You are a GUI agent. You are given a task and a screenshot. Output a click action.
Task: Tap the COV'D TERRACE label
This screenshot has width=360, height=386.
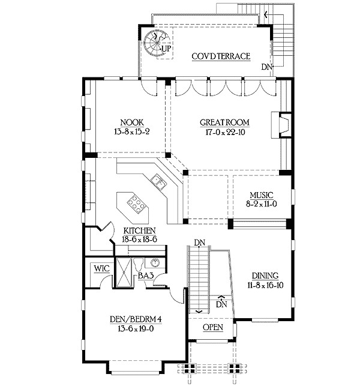(x=221, y=56)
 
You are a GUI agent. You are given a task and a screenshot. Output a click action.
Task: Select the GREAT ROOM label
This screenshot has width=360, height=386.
(x=224, y=122)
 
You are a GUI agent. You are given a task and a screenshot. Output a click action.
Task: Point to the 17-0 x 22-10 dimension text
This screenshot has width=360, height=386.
(x=225, y=132)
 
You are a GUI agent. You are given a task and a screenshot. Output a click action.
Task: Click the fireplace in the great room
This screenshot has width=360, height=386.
(x=281, y=125)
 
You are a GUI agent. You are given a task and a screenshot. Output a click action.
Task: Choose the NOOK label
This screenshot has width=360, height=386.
(x=132, y=122)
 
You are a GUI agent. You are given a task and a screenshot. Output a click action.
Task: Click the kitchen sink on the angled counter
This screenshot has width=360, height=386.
(x=158, y=182)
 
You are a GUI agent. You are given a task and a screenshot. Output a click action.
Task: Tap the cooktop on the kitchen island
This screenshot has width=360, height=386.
(x=136, y=204)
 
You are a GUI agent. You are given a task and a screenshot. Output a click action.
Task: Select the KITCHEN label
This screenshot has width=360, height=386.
(x=139, y=231)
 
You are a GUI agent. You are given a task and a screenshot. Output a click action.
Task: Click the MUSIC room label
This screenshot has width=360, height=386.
(x=262, y=195)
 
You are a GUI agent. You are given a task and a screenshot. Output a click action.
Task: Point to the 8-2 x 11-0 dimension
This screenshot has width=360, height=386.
(x=262, y=204)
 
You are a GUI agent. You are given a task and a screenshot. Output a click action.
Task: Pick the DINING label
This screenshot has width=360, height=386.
(x=265, y=276)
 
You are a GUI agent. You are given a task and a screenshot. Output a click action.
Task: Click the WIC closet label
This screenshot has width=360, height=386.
(x=101, y=268)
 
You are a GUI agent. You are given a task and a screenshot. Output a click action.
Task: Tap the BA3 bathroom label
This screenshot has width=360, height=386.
(x=146, y=276)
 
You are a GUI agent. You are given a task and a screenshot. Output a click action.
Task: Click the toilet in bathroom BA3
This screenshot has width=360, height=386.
(x=139, y=264)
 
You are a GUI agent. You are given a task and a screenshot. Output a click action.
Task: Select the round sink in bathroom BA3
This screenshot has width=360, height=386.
(x=155, y=263)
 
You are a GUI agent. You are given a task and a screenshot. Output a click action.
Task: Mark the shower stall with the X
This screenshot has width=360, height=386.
(x=124, y=272)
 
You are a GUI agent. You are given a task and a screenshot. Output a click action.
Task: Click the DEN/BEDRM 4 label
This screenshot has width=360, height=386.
(x=136, y=319)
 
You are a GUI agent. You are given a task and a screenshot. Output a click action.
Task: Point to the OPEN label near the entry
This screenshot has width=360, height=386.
(x=213, y=327)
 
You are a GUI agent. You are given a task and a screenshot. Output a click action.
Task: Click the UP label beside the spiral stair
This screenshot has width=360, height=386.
(x=166, y=49)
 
